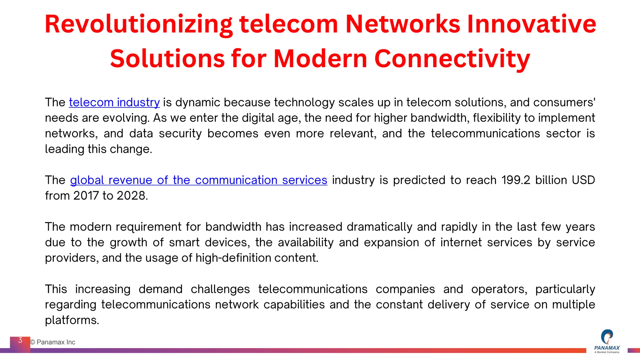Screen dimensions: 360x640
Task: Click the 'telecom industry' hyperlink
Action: point(114,102)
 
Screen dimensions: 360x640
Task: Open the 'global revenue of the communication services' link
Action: point(198,180)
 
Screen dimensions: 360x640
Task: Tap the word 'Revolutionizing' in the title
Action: point(138,25)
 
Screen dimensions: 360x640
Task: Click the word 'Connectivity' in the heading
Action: point(452,59)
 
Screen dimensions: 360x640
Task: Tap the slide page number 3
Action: point(20,340)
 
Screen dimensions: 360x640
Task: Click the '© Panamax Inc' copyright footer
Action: point(53,342)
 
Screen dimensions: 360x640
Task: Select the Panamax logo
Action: point(607,341)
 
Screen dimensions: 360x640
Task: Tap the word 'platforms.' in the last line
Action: point(72,320)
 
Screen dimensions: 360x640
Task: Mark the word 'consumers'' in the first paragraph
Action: point(564,102)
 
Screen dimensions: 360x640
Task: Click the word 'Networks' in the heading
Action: point(402,24)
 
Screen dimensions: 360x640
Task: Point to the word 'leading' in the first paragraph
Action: point(64,149)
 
